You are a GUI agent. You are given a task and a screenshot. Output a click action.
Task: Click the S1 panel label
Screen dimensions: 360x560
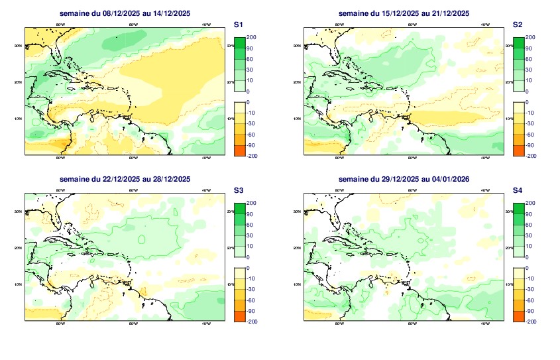coord(239,25)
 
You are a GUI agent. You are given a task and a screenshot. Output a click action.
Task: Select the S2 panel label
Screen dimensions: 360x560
coord(518,25)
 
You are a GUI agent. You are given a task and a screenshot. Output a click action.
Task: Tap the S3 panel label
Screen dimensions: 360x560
coord(239,190)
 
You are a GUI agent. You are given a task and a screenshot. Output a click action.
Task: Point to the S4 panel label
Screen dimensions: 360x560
coord(518,190)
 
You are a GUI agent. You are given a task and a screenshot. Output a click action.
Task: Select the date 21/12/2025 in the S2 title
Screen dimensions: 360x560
coord(448,13)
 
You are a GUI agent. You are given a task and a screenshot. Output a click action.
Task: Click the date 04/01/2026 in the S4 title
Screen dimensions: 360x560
coord(448,179)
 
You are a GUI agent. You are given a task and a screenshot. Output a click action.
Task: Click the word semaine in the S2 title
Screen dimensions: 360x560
coord(353,13)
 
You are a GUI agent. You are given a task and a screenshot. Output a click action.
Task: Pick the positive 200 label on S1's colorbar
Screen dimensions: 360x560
coord(252,38)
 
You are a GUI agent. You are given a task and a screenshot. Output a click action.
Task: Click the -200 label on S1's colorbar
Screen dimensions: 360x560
coord(251,155)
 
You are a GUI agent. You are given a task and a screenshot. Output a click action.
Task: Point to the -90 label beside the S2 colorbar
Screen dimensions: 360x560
coord(530,145)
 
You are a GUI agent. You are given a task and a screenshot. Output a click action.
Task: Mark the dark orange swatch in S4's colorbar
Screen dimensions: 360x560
coord(519,316)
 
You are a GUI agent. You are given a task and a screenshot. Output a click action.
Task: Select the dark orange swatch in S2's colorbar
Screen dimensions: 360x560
coord(519,150)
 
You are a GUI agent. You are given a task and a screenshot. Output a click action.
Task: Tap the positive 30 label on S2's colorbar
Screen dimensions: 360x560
coord(530,70)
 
